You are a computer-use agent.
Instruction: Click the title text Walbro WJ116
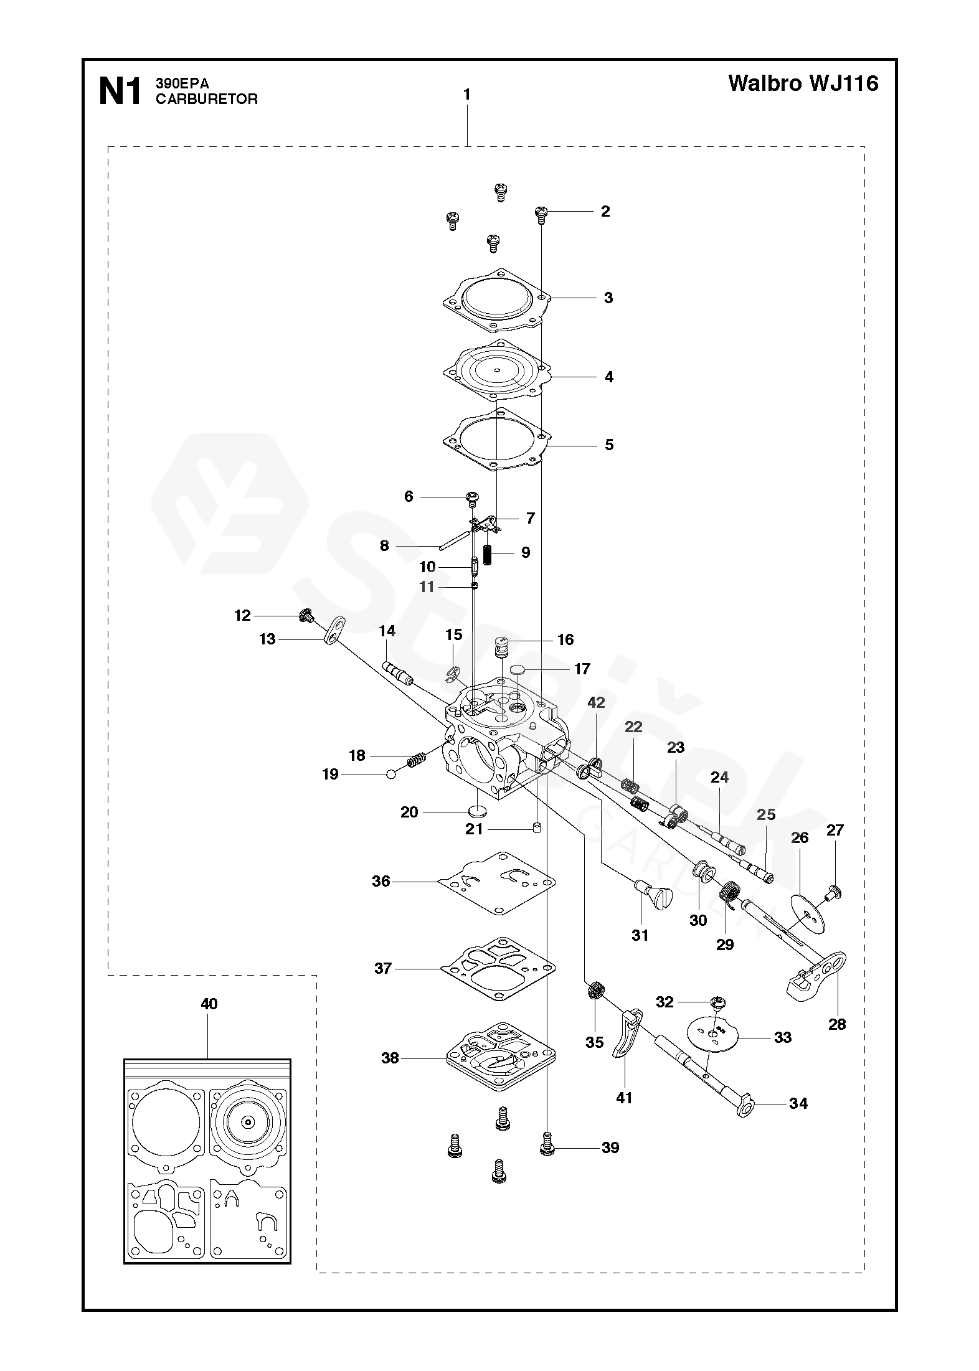click(803, 83)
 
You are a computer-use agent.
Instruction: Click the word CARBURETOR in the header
click(206, 100)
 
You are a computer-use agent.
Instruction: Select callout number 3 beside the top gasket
click(608, 298)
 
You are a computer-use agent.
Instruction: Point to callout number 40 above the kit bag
click(209, 1004)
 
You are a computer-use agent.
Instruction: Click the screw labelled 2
click(541, 214)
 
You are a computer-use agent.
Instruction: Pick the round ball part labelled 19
click(390, 775)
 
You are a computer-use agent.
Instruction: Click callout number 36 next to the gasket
click(381, 881)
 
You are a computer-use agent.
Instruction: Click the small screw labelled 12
click(306, 616)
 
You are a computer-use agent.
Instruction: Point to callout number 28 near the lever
click(837, 1024)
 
